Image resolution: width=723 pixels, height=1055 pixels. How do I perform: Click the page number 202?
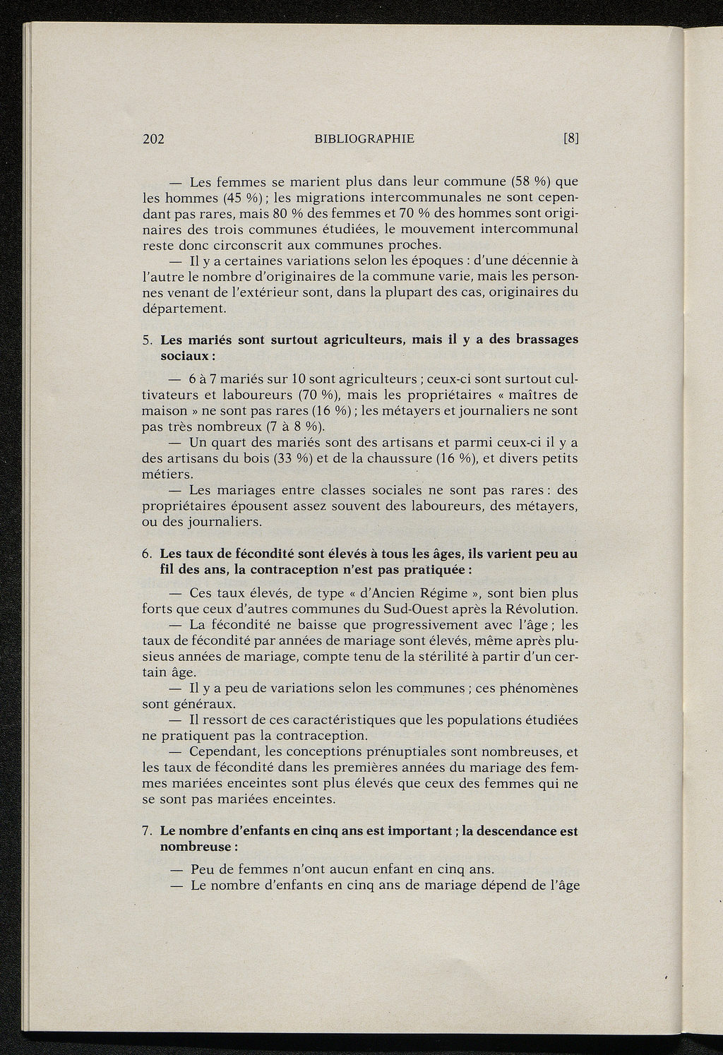tap(153, 139)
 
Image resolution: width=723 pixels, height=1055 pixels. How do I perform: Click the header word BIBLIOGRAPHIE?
tap(364, 139)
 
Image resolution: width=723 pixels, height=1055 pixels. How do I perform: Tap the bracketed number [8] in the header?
tap(571, 139)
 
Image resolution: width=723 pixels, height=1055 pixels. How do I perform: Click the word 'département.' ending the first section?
tap(184, 309)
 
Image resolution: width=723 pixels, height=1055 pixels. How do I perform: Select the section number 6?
tap(146, 554)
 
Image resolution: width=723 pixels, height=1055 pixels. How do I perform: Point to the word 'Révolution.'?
tap(539, 609)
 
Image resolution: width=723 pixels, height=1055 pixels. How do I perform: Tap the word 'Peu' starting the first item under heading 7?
tap(203, 869)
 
